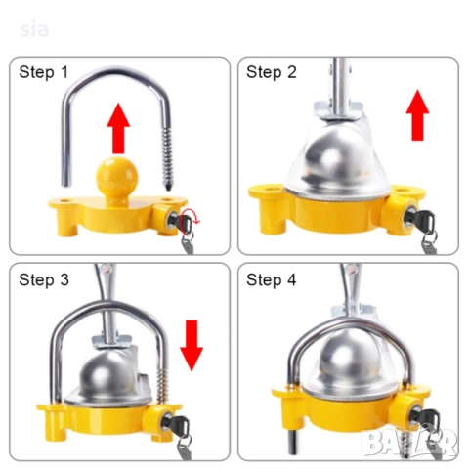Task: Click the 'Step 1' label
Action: tap(44, 72)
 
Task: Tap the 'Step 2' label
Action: tap(272, 72)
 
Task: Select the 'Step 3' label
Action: tap(44, 280)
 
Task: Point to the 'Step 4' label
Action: tap(272, 280)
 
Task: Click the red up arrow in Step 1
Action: tap(118, 128)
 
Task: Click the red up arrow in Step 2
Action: tap(417, 115)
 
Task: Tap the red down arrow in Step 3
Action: tap(192, 346)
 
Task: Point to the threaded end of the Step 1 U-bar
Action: tap(167, 159)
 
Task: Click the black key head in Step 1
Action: tap(185, 223)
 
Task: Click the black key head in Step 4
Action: tap(428, 418)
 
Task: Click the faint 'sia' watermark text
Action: tap(34, 29)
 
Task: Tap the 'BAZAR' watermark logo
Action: tap(409, 443)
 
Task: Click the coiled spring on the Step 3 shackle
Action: tap(161, 388)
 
